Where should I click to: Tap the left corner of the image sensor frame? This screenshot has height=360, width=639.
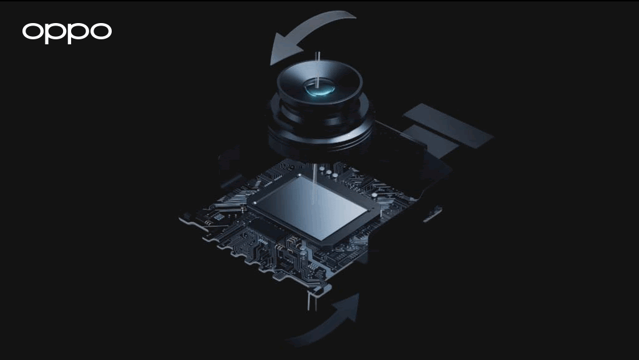(250, 205)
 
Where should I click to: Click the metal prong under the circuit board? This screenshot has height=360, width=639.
(315, 297)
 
